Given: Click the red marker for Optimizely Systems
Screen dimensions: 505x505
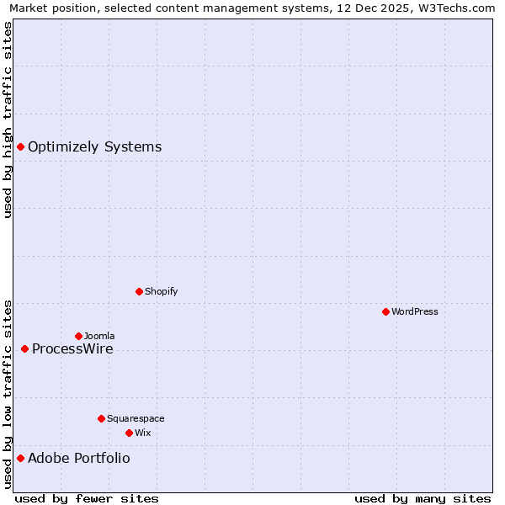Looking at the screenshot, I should click(x=20, y=147).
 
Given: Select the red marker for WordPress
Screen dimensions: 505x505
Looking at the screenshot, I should click(x=385, y=311).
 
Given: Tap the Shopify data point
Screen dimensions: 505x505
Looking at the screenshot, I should click(x=139, y=291).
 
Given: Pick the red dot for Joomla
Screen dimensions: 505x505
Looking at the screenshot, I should click(x=78, y=336).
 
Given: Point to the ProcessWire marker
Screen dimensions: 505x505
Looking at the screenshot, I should click(x=24, y=349).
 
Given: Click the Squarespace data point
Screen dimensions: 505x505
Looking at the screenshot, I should click(x=101, y=418).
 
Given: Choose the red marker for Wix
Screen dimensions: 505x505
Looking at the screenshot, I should click(x=129, y=433).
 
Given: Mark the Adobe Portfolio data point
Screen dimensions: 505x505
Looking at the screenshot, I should click(x=20, y=459).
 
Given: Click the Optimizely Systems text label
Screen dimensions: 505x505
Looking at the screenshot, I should click(x=94, y=147).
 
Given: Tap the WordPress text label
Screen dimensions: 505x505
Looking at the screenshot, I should click(x=414, y=311).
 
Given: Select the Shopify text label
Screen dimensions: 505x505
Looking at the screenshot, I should click(x=161, y=291).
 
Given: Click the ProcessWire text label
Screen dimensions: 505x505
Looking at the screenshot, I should click(x=72, y=349).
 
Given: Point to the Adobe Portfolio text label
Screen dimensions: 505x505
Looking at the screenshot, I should click(x=79, y=459).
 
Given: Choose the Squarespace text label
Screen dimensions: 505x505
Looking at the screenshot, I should click(x=136, y=418).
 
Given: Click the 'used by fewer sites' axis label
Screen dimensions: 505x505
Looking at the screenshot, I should click(x=87, y=498).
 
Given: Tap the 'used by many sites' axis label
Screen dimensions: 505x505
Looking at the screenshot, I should click(x=423, y=498).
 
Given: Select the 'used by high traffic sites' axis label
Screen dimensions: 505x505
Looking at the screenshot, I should click(x=8, y=120).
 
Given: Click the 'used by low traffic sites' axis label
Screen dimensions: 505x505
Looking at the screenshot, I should click(x=8, y=394).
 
